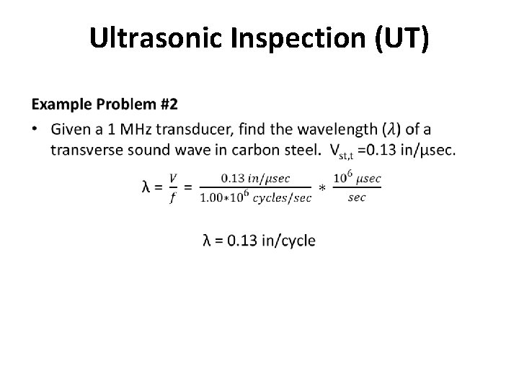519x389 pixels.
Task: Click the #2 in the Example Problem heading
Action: click(x=167, y=104)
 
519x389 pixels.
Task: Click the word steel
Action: click(x=298, y=150)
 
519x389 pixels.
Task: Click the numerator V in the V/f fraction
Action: click(x=172, y=177)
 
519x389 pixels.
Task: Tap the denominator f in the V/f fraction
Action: click(x=172, y=198)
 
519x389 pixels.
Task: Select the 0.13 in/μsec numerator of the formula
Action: click(x=256, y=177)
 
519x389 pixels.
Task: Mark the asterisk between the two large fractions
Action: click(x=322, y=188)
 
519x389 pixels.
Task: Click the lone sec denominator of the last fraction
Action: click(x=357, y=197)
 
